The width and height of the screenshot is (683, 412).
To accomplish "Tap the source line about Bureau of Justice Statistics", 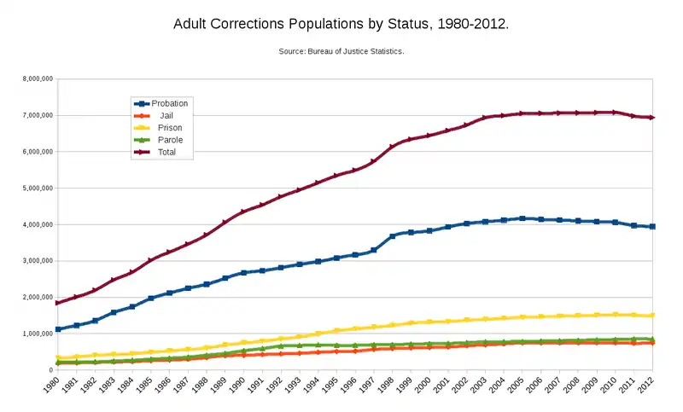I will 341,52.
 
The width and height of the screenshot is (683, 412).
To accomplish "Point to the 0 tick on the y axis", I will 51,370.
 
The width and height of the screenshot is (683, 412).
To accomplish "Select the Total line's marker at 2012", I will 652,117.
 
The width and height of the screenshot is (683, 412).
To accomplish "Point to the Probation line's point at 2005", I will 522,218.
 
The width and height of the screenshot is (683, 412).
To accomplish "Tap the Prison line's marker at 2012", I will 652,316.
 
